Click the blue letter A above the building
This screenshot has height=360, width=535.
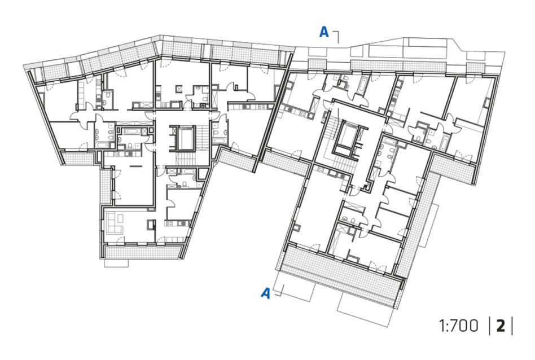[x=324, y=32]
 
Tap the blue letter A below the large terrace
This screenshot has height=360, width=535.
[x=265, y=293]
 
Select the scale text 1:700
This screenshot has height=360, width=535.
[x=458, y=326]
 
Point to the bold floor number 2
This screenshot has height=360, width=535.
[x=501, y=326]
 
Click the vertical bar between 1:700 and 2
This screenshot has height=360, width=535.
[x=490, y=326]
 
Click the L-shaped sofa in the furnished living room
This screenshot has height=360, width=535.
[x=115, y=223]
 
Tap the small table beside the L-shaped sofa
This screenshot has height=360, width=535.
[x=120, y=218]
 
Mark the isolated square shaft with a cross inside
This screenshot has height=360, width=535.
[x=179, y=89]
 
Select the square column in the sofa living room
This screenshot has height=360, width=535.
[x=151, y=225]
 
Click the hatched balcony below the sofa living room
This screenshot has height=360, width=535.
[x=142, y=252]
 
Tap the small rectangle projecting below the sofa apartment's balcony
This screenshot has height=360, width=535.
[x=117, y=263]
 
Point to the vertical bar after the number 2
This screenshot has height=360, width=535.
[x=512, y=326]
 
